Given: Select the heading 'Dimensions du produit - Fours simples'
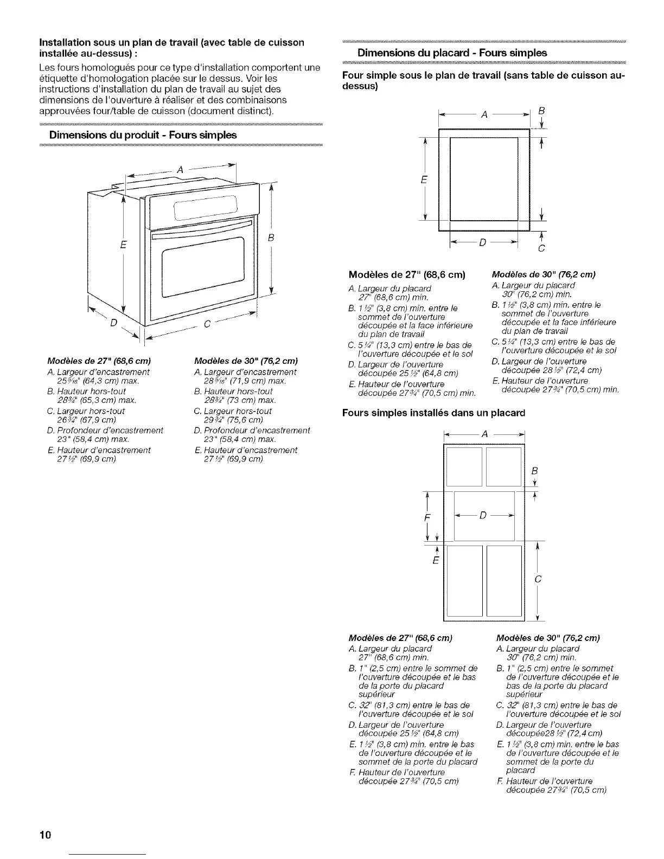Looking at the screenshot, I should click(x=143, y=134).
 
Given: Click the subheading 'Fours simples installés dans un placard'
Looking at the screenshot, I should click(x=434, y=413).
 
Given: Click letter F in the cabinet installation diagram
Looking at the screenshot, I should click(x=426, y=517).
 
